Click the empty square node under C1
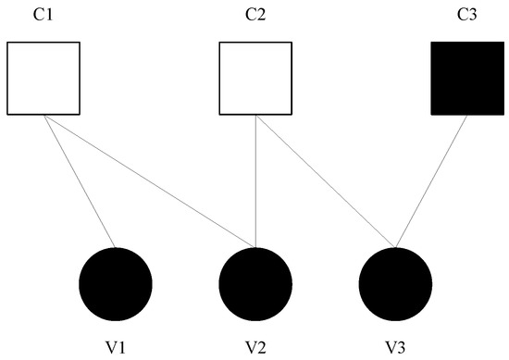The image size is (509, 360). [x=43, y=79]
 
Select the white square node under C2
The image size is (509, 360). [x=254, y=79]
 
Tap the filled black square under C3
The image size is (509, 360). [x=466, y=79]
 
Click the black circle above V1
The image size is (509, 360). [x=116, y=282]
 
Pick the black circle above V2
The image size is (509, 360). [x=254, y=282]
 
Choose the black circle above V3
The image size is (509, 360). [x=395, y=282]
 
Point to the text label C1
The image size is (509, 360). [x=43, y=15]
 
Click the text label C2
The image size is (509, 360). [x=254, y=15]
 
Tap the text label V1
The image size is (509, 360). [x=116, y=347]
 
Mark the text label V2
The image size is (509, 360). [x=254, y=347]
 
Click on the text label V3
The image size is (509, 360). [x=395, y=347]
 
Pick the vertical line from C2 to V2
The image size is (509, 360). [x=254, y=180]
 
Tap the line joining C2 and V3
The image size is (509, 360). [x=325, y=181]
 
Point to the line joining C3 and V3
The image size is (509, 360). [x=430, y=181]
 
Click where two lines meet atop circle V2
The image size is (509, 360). [x=254, y=247]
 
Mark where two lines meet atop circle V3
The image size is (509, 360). [x=395, y=247]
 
